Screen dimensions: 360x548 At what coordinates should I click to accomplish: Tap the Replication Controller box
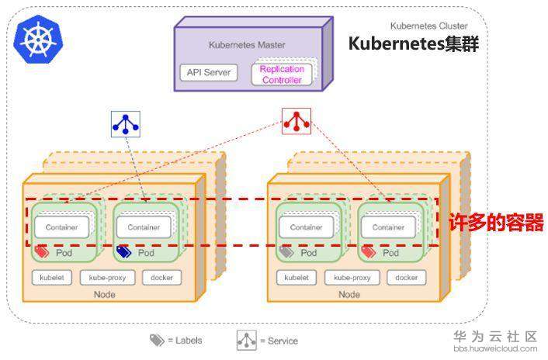(281, 74)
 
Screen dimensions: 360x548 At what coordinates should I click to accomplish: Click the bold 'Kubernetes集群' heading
(413, 43)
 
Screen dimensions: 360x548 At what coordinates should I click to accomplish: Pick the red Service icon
(296, 120)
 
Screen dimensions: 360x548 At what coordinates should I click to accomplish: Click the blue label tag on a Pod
(124, 252)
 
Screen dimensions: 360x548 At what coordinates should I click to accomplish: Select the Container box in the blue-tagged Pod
(144, 227)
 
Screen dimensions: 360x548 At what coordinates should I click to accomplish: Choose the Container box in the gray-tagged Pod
(306, 227)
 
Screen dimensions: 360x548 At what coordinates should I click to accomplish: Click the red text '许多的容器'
(496, 223)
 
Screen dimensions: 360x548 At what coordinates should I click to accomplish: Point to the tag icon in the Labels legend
(157, 341)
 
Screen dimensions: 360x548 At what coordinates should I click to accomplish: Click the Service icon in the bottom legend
(246, 340)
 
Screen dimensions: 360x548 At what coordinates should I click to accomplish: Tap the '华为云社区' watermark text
(495, 336)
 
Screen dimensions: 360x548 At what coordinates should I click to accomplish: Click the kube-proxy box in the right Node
(351, 277)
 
